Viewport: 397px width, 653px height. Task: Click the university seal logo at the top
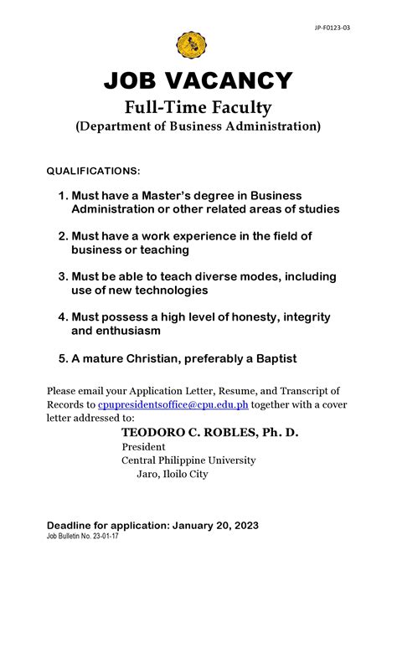[x=191, y=45]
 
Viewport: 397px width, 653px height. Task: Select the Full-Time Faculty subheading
[x=198, y=107]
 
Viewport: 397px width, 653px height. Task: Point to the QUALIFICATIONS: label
[x=93, y=172]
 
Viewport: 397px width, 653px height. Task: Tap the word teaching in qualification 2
[x=167, y=249]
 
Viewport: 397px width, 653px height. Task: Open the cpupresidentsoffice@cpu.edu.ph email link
[x=173, y=404]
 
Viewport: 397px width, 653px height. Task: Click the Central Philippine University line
[x=188, y=460]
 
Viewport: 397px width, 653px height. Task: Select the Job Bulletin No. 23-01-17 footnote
[x=82, y=536]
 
